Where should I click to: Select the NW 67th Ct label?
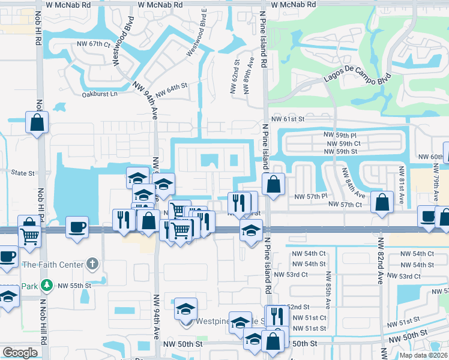point(94,44)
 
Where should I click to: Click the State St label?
point(23,173)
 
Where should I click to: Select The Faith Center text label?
point(51,264)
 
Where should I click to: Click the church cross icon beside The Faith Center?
point(92,263)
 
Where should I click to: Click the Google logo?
point(20,353)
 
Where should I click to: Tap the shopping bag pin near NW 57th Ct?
point(382,202)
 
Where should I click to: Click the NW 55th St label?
point(75,285)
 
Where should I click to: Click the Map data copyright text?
point(424,355)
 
